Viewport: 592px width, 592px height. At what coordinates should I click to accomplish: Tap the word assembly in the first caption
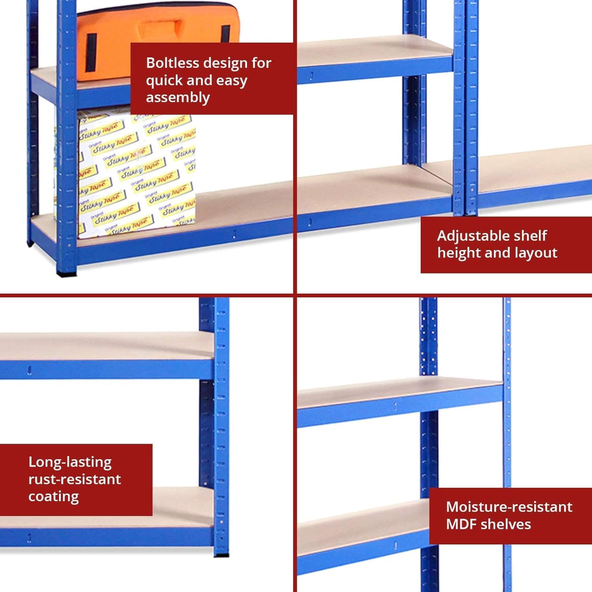pos(178,97)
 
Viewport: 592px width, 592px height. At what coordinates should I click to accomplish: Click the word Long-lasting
pos(70,462)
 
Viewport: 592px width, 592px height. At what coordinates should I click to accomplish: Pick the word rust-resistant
pos(75,479)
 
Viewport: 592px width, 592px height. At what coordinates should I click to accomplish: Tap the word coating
pos(53,496)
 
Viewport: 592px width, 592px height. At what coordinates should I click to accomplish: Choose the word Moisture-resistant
pos(509,507)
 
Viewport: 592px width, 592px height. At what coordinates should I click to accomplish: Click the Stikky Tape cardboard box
pos(136,174)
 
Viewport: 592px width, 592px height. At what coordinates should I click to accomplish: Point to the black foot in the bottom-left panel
pos(221,555)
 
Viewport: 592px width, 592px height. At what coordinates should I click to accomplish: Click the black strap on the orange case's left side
pos(91,52)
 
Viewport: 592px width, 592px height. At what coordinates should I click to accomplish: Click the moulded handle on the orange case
pos(158,30)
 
